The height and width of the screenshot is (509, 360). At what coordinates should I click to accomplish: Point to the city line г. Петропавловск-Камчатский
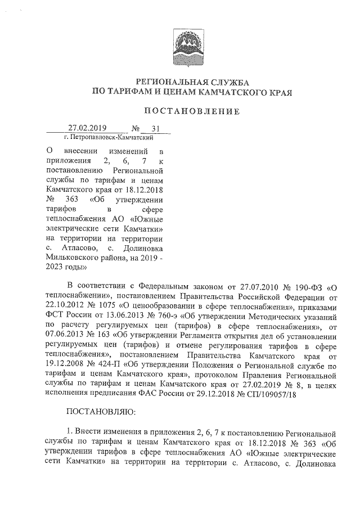[x=109, y=137]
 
